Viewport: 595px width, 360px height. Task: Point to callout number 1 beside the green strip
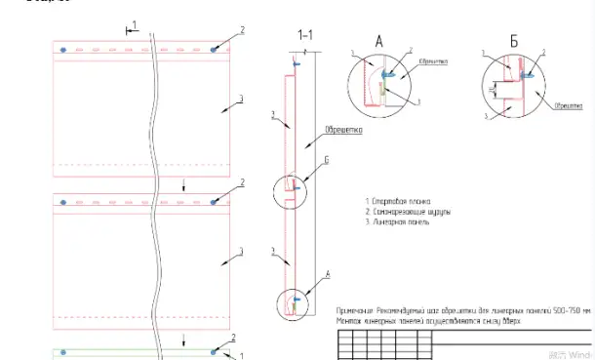[227, 356]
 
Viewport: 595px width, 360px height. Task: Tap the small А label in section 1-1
[300, 275]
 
